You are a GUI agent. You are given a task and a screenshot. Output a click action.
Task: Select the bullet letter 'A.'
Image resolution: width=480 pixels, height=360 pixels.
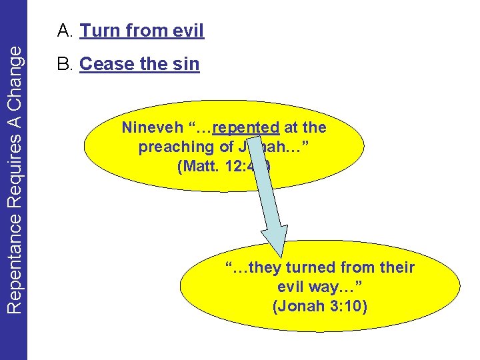[x=65, y=30]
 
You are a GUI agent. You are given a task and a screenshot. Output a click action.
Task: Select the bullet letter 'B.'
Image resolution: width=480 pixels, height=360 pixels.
[x=65, y=64]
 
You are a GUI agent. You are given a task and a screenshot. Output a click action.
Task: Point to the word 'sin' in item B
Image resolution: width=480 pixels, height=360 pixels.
[x=185, y=64]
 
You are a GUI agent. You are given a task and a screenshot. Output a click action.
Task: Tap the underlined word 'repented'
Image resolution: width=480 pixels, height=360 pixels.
[x=246, y=127]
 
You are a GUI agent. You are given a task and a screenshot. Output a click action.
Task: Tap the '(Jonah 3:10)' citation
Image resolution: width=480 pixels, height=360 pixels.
[x=320, y=307]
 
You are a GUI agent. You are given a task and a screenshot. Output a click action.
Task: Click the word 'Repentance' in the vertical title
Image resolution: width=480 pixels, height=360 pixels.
[x=14, y=260]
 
